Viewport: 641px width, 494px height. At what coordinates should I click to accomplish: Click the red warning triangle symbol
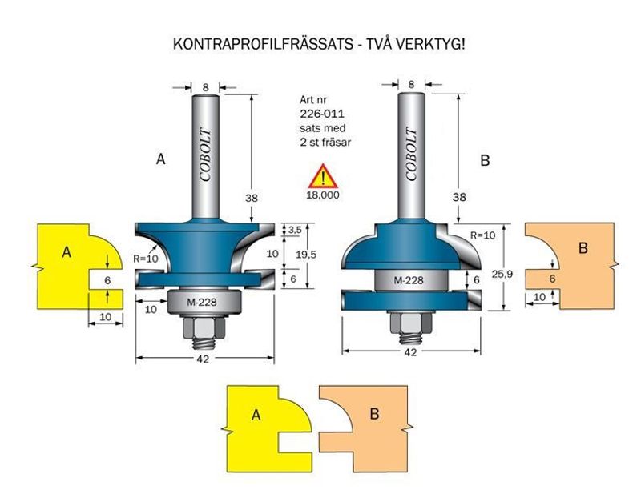(323, 176)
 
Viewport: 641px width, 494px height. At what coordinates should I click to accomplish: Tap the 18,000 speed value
(323, 195)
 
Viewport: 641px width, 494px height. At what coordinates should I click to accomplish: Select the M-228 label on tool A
(204, 302)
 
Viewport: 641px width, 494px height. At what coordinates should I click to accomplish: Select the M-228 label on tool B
(409, 280)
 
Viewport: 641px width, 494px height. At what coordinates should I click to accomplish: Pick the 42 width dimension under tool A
(203, 360)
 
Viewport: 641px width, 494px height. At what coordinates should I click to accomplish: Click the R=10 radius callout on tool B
(482, 236)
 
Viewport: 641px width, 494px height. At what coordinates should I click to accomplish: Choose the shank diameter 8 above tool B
(411, 83)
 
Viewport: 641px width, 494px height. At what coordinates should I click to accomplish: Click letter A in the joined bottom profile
(256, 415)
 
